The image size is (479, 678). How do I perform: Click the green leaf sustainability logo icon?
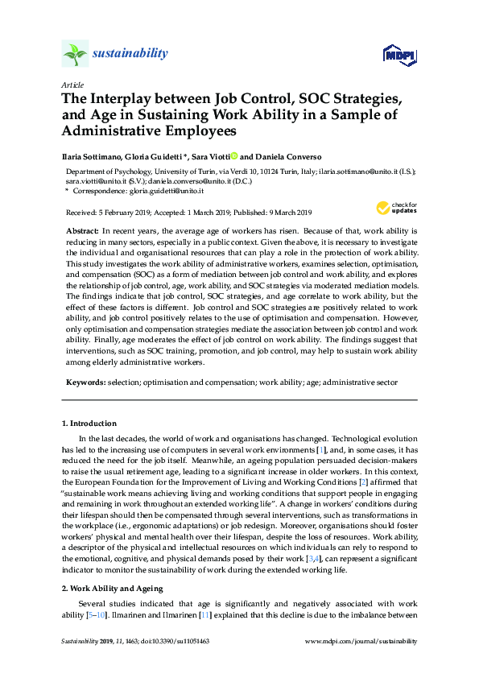click(75, 54)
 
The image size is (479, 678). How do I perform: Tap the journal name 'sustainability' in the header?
click(130, 54)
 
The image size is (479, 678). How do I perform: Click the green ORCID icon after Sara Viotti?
click(234, 156)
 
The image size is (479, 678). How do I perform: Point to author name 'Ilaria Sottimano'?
click(94, 157)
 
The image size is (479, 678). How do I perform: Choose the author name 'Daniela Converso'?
click(287, 157)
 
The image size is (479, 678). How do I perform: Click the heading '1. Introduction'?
click(89, 424)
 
